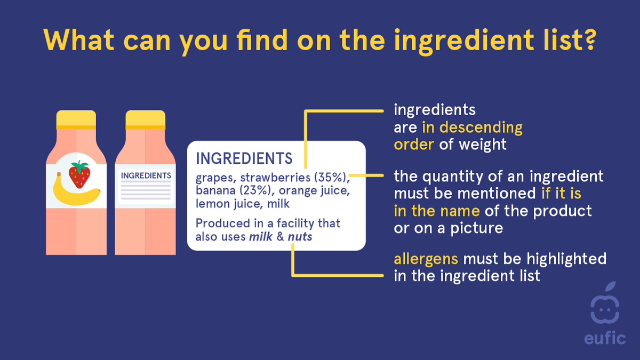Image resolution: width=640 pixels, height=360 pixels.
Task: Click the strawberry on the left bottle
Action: coord(79,174)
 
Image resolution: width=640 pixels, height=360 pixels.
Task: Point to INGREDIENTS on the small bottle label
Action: coord(146,175)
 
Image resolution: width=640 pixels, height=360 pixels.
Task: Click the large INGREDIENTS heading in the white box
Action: coord(244,158)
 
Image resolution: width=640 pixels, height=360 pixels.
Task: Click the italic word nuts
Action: coord(300,237)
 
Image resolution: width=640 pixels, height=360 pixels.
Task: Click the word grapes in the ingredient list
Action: coord(212,177)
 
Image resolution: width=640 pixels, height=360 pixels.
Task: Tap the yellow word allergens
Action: coord(426,259)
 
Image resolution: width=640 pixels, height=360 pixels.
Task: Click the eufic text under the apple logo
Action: coord(606,338)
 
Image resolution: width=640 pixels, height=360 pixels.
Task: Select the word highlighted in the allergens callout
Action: coord(565,259)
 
